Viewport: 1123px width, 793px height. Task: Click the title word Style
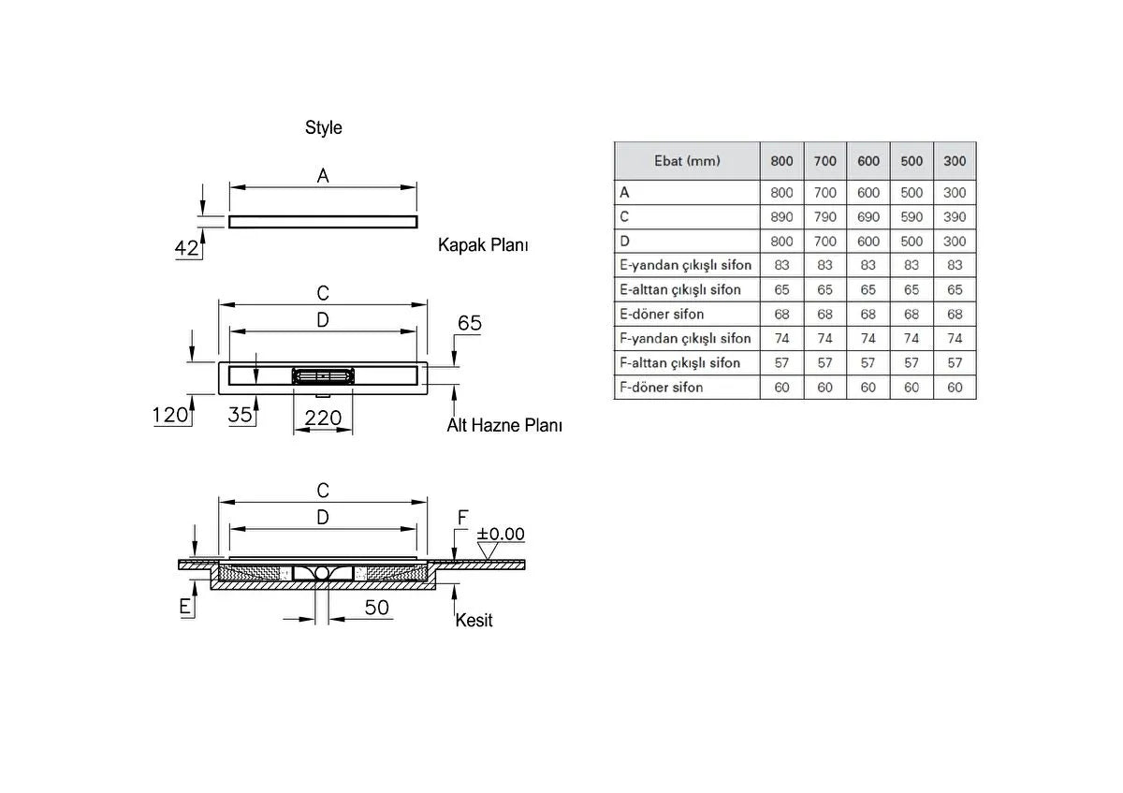[x=323, y=128]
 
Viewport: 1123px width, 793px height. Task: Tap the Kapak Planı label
[x=483, y=245]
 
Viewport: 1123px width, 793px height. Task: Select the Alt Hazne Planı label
[x=503, y=425]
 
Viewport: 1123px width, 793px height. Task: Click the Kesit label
[x=474, y=620]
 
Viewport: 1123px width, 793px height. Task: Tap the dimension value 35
[x=241, y=415]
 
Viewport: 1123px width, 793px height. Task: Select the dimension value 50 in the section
[x=376, y=608]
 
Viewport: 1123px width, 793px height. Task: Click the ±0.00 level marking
[x=501, y=534]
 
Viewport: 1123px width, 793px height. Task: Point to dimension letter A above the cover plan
[x=323, y=175]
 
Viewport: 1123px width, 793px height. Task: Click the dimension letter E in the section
[x=185, y=607]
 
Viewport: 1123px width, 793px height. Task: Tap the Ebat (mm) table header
[x=687, y=161]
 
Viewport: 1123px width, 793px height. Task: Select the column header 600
[x=868, y=161]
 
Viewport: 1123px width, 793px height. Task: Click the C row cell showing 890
[x=781, y=216]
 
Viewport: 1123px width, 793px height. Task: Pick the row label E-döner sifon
[x=662, y=314]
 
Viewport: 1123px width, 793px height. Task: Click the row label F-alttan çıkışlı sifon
[x=679, y=362]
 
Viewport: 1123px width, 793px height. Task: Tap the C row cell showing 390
[x=955, y=216]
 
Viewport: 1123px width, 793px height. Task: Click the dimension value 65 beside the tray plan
[x=469, y=323]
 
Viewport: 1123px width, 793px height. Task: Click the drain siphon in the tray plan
[x=323, y=376]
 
